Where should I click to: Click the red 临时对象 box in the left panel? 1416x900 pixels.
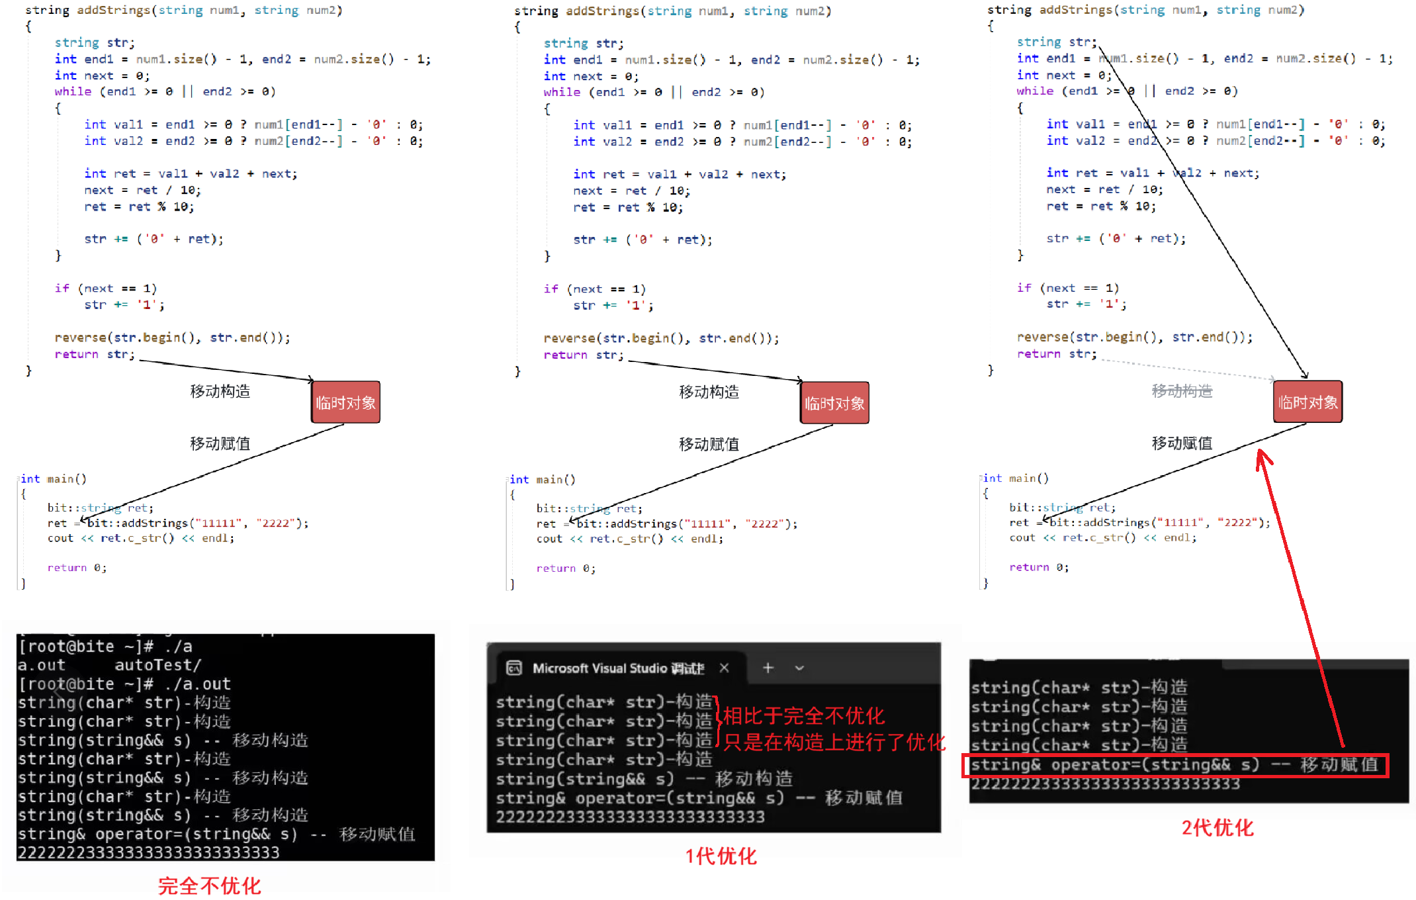pyautogui.click(x=345, y=402)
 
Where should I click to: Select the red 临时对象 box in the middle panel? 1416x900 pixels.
pyautogui.click(x=834, y=403)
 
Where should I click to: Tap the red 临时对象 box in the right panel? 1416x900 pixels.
pyautogui.click(x=1307, y=402)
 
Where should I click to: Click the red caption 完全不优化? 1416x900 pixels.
pyautogui.click(x=210, y=885)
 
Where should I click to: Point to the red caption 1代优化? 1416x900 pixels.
pyautogui.click(x=721, y=856)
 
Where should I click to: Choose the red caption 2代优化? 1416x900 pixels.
pyautogui.click(x=1217, y=827)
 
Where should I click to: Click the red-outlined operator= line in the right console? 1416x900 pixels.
pyautogui.click(x=1174, y=765)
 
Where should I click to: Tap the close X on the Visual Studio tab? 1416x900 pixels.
pyautogui.click(x=725, y=668)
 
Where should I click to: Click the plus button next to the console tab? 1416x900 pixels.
pyautogui.click(x=768, y=668)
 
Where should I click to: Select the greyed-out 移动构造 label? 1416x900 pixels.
pyautogui.click(x=1182, y=391)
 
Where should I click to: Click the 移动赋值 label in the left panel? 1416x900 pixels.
pyautogui.click(x=220, y=443)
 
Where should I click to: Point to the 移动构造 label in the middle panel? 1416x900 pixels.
pyautogui.click(x=709, y=392)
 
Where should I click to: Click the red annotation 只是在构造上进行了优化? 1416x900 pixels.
pyautogui.click(x=834, y=742)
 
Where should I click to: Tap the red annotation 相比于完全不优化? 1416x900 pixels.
pyautogui.click(x=803, y=715)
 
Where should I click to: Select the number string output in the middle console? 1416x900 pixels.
pyautogui.click(x=630, y=817)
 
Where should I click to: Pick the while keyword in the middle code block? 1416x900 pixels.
pyautogui.click(x=562, y=92)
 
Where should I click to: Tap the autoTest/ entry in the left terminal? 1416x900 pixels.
pyautogui.click(x=157, y=665)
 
